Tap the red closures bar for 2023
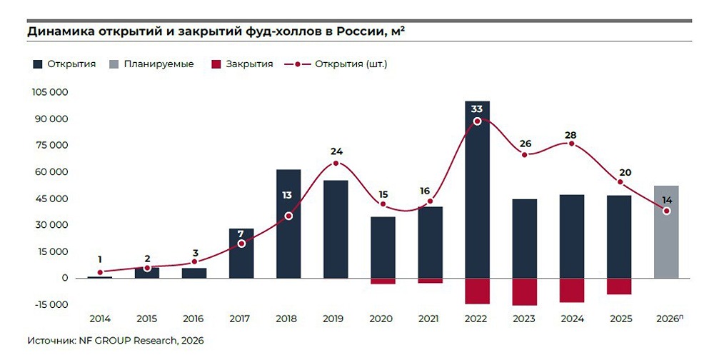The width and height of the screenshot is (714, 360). [x=524, y=291]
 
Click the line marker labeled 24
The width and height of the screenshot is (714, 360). [x=336, y=164]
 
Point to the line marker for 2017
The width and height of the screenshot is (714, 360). [x=241, y=244]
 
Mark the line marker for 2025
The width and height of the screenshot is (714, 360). [x=620, y=182]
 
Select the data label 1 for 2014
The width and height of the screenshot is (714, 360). [x=100, y=259]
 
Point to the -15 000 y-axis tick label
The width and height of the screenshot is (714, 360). [x=50, y=304]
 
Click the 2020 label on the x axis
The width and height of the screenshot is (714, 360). [x=383, y=319]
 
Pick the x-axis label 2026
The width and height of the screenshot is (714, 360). [x=665, y=319]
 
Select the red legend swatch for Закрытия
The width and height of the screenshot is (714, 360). [x=216, y=64]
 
